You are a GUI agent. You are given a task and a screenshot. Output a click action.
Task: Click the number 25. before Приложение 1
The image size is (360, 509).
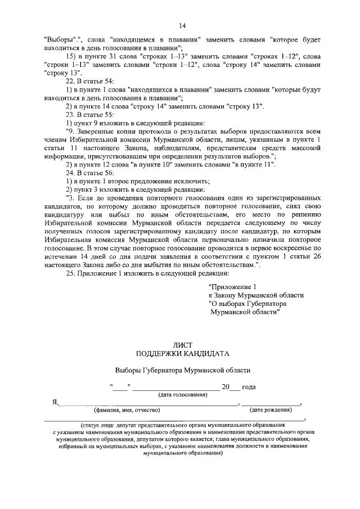(x=71, y=273)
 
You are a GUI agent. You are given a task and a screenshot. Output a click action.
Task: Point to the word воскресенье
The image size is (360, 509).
(x=292, y=246)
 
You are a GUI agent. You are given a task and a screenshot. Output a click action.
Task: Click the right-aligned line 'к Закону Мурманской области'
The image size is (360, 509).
(x=256, y=295)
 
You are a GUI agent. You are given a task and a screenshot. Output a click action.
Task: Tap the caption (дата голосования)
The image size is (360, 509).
(x=183, y=395)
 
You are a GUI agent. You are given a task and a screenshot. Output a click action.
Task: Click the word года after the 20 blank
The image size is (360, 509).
(x=249, y=387)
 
